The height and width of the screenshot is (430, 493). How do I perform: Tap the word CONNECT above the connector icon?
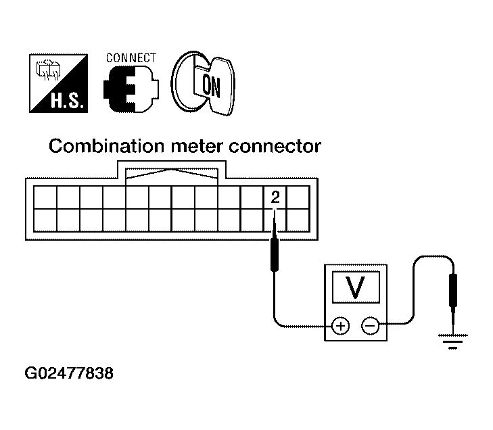[131, 58]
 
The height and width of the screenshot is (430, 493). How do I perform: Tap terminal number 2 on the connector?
[275, 197]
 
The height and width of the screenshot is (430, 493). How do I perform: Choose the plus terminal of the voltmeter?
[340, 326]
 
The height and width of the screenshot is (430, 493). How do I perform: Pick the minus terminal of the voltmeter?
[370, 326]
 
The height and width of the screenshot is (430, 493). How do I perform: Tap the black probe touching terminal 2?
[275, 252]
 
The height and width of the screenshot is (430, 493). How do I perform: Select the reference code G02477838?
[68, 373]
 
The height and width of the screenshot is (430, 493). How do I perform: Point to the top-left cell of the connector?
[45, 197]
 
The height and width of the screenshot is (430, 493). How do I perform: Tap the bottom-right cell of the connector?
[298, 220]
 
